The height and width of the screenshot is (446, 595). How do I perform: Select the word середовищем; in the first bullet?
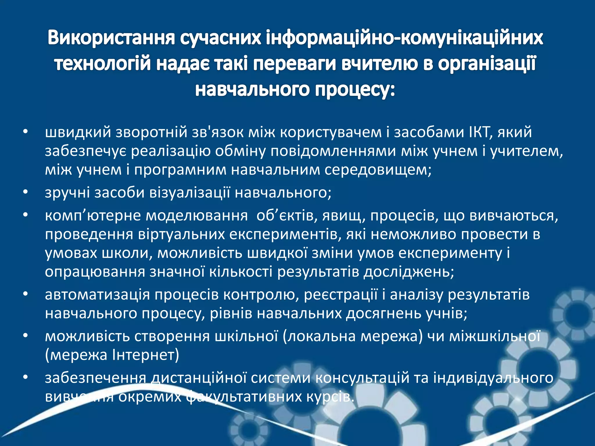(x=378, y=170)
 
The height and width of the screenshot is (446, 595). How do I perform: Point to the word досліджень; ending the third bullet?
(x=409, y=272)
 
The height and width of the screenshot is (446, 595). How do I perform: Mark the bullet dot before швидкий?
(x=26, y=132)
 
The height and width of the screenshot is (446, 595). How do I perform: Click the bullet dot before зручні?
(x=26, y=193)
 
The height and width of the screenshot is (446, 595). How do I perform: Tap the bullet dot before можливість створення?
(x=26, y=336)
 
